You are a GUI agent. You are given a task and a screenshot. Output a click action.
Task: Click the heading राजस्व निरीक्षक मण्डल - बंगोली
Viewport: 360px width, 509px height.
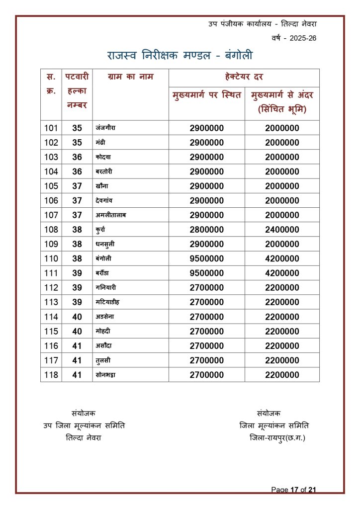pyautogui.click(x=180, y=55)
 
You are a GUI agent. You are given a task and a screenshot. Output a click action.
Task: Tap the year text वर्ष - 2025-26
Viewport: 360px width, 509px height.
pyautogui.click(x=294, y=38)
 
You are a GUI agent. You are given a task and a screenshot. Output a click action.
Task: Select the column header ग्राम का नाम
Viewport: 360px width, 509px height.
pyautogui.click(x=130, y=77)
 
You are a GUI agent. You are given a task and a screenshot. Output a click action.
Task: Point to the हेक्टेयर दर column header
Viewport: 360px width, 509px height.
pyautogui.click(x=244, y=77)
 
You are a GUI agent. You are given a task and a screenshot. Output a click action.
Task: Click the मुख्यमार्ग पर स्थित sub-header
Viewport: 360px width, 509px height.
pyautogui.click(x=206, y=95)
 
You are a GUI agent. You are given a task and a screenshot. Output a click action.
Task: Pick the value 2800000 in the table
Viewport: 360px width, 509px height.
pyautogui.click(x=206, y=230)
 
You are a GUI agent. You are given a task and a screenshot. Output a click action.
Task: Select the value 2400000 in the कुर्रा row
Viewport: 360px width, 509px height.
pyautogui.click(x=282, y=230)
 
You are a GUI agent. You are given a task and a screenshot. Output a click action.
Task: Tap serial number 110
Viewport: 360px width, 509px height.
pyautogui.click(x=51, y=258)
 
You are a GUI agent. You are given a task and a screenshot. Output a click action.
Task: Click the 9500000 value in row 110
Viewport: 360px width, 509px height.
pyautogui.click(x=206, y=258)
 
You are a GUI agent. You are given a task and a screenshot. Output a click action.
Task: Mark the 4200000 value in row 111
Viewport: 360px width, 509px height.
pyautogui.click(x=282, y=273)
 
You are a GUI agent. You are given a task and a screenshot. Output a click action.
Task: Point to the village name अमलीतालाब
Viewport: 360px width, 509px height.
pyautogui.click(x=112, y=215)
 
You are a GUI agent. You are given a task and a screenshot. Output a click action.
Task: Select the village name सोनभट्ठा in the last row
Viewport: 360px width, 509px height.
pyautogui.click(x=108, y=375)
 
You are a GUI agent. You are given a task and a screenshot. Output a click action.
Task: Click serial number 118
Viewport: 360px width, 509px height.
pyautogui.click(x=51, y=375)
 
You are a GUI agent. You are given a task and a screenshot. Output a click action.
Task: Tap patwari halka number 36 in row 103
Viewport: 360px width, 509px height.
pyautogui.click(x=77, y=157)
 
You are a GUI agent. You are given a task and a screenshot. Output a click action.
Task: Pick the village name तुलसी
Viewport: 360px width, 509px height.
pyautogui.click(x=102, y=360)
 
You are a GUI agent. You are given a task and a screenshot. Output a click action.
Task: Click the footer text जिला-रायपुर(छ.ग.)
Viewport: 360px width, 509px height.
pyautogui.click(x=277, y=437)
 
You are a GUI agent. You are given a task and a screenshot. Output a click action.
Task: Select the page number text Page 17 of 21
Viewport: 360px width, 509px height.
pyautogui.click(x=293, y=490)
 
